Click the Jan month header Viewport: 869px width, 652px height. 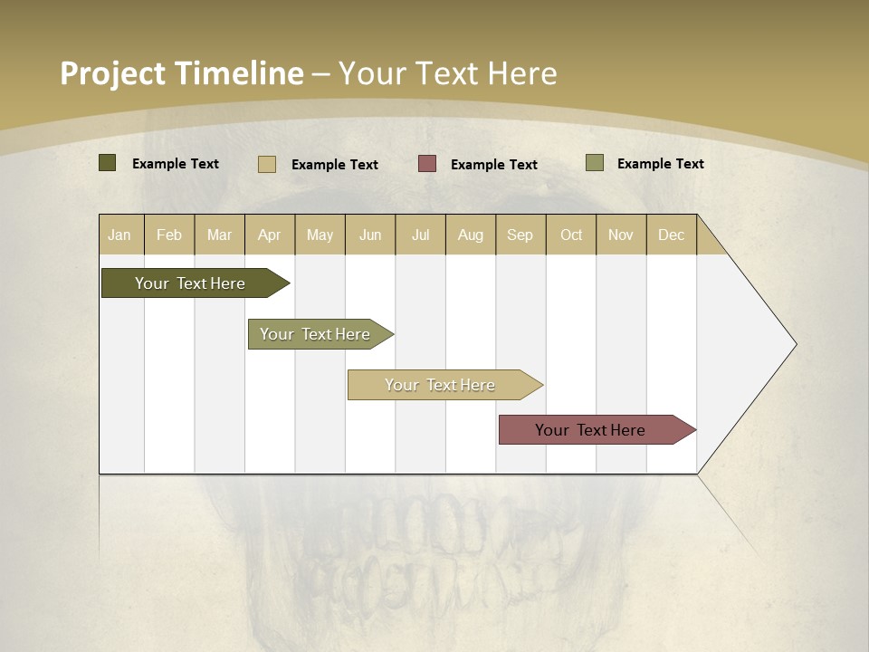coord(119,235)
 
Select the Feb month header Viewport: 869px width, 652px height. coord(169,235)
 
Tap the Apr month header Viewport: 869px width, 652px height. coord(269,235)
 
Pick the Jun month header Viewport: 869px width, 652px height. coord(370,235)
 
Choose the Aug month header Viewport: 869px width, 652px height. coord(470,235)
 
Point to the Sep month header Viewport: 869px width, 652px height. coord(520,235)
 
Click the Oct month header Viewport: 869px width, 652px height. coord(571,235)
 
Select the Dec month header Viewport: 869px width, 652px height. coord(671,235)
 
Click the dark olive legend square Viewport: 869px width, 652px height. coord(108,163)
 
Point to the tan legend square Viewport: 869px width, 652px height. coord(267,164)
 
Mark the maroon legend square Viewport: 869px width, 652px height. coord(427,163)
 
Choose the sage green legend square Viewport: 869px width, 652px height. coord(595,163)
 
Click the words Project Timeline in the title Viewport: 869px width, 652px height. coord(182,73)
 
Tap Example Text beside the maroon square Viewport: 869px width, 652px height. coord(493,165)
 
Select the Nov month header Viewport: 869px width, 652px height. coord(621,235)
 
